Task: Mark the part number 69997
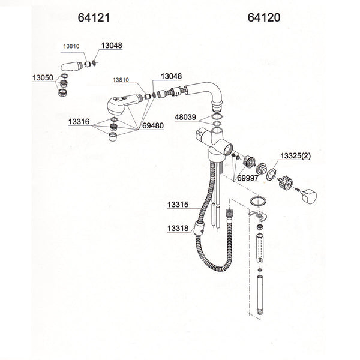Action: tap(248, 178)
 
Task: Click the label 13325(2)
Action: tap(298, 156)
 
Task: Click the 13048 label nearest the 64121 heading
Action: tap(110, 45)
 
